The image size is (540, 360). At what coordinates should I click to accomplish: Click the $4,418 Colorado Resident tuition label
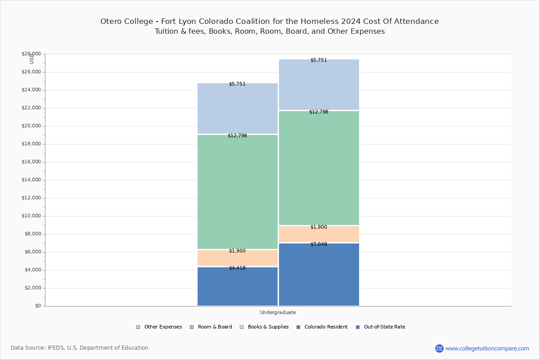(237, 268)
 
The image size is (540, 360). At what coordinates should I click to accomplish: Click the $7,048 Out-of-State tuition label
(319, 244)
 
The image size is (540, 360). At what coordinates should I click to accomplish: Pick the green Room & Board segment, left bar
(237, 191)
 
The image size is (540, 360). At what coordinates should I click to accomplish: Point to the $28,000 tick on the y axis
(31, 54)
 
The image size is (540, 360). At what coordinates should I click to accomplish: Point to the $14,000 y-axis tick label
(31, 180)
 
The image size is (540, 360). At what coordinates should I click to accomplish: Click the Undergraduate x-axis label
(278, 312)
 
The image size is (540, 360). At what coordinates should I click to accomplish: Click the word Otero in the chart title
(111, 21)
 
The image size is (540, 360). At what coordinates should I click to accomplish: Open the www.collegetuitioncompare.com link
(487, 348)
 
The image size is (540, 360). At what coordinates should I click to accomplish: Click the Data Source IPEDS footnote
(80, 348)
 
